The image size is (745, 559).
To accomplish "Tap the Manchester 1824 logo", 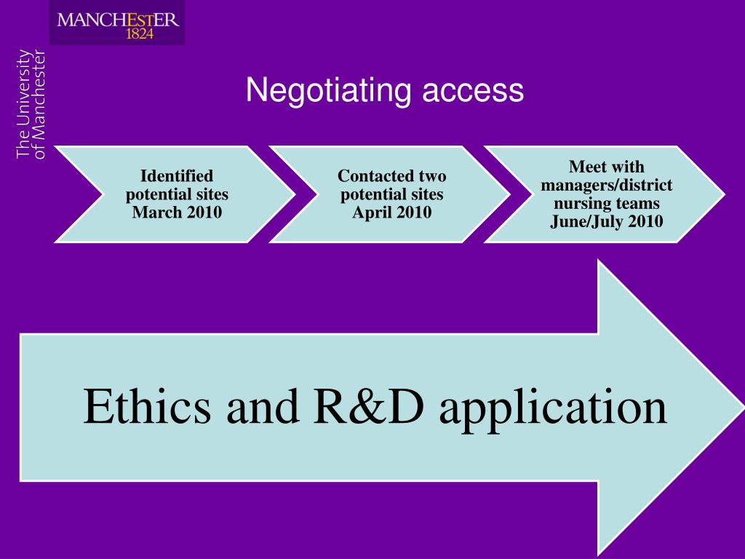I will [x=117, y=23].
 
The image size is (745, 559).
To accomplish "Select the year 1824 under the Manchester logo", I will [x=140, y=33].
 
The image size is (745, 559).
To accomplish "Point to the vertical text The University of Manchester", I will [x=31, y=103].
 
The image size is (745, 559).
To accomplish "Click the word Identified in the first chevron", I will [x=177, y=175].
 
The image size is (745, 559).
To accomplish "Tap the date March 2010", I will [x=177, y=213].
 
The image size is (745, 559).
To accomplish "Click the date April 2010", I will [x=391, y=213].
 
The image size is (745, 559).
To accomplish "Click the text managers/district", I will [x=606, y=185].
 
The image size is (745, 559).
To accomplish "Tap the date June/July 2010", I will [x=606, y=221].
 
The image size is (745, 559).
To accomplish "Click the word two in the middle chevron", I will [x=431, y=175].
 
